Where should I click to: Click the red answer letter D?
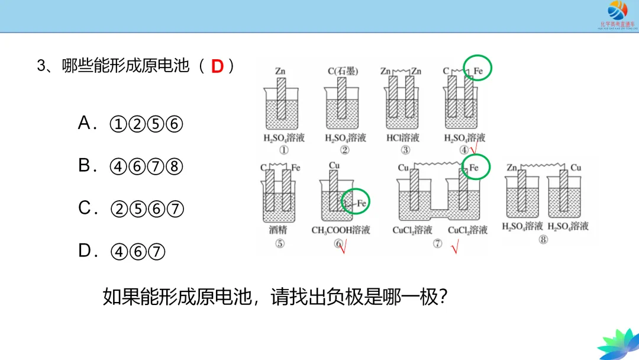point(217,66)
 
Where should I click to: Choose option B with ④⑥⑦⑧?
point(131,167)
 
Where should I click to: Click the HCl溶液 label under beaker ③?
point(402,138)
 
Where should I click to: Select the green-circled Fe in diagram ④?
point(479,71)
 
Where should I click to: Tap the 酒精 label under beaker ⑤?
point(278,230)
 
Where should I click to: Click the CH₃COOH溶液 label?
point(340,230)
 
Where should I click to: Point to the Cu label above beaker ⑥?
point(334,166)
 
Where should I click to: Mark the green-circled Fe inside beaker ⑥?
point(361,203)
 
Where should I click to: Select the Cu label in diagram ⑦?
point(403,168)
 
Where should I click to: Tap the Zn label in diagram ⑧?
point(512,168)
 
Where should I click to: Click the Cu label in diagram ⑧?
point(576,168)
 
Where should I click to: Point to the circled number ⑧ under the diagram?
point(543,240)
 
